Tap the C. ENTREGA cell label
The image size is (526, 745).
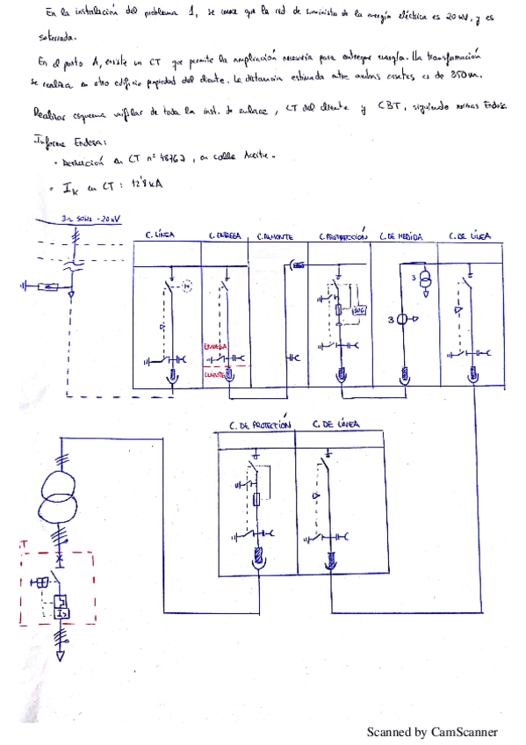click(226, 236)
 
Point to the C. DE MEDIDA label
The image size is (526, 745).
click(401, 236)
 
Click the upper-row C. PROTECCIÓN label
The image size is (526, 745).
click(343, 236)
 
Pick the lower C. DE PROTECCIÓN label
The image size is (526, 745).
click(259, 425)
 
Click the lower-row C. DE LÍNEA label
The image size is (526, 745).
click(335, 424)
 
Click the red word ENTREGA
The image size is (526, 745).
click(215, 347)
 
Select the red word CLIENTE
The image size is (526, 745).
click(214, 372)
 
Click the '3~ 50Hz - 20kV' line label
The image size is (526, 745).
click(90, 217)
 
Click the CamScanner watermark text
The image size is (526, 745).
click(431, 731)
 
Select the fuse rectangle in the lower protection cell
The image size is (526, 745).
click(256, 499)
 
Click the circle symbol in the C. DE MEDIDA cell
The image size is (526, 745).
click(401, 319)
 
